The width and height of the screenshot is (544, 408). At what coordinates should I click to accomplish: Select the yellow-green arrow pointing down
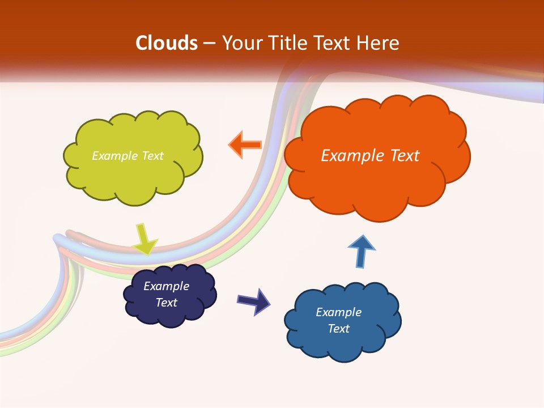(x=144, y=240)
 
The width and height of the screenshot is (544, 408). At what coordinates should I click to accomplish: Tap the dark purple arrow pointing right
(x=254, y=301)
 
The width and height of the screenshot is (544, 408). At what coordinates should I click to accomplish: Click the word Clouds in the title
(x=167, y=43)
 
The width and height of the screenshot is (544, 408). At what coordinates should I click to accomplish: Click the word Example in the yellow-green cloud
(x=115, y=156)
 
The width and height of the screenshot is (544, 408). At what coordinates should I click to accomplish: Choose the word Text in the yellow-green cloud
(x=152, y=156)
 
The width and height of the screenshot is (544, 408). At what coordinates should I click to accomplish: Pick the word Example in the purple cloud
(x=167, y=286)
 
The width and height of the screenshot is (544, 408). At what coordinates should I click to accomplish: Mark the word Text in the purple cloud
(x=167, y=303)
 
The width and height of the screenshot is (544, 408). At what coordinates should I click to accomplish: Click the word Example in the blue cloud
(x=338, y=312)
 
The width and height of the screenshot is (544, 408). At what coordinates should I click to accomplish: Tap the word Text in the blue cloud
(x=338, y=329)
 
